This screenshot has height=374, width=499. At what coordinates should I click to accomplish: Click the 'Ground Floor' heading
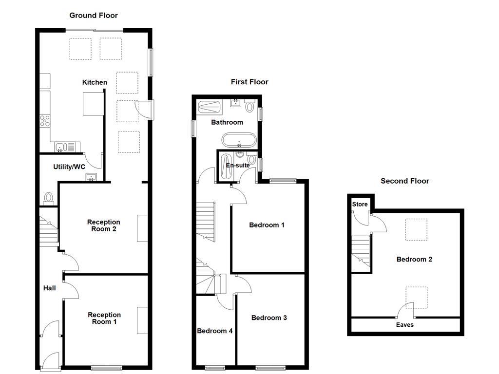tap(94, 16)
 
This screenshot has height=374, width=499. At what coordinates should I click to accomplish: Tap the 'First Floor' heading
tap(249, 82)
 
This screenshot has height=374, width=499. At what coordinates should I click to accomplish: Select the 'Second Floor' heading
tap(405, 181)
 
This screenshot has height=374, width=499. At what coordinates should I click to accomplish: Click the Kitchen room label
tap(95, 82)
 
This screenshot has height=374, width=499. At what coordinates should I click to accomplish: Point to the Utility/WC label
tap(69, 167)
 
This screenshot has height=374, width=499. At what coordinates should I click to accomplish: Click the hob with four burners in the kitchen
tap(45, 120)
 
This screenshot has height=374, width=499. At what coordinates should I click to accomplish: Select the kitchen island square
tap(94, 104)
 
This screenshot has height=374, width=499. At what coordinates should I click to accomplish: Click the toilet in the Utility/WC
tap(48, 198)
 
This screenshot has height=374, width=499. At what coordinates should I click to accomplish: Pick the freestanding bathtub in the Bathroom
tap(238, 140)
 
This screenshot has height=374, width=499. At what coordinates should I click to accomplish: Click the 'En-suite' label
tap(238, 166)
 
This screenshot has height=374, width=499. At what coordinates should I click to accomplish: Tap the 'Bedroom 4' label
tap(214, 331)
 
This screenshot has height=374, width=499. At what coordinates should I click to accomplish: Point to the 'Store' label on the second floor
tap(360, 205)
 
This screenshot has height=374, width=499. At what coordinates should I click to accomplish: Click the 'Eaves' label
tap(404, 325)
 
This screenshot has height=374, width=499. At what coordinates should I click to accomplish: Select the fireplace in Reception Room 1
tap(142, 320)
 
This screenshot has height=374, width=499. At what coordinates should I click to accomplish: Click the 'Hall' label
tap(49, 288)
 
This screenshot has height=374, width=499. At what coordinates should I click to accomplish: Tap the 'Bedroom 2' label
tap(414, 260)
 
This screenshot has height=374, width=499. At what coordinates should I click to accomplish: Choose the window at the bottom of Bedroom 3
tap(270, 367)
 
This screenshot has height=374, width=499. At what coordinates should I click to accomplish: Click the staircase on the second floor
tap(361, 250)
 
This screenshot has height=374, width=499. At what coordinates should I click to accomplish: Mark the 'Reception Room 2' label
tap(103, 225)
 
